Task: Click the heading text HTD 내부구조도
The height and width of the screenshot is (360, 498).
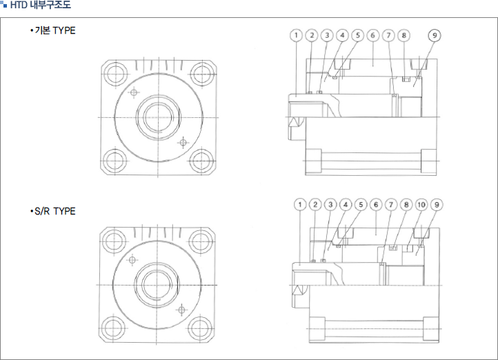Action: click(x=41, y=5)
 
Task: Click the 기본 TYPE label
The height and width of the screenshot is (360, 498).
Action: click(x=55, y=30)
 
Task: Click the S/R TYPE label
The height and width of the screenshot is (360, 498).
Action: click(x=55, y=211)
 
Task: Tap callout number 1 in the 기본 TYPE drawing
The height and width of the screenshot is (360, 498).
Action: click(x=297, y=35)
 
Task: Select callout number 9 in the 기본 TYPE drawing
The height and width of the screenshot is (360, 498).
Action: click(x=435, y=35)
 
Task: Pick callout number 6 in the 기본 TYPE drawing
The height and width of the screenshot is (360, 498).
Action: click(x=373, y=35)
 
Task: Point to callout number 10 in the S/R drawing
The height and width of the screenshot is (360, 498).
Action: click(x=421, y=204)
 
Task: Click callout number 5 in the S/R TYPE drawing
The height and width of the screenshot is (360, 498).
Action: click(x=361, y=204)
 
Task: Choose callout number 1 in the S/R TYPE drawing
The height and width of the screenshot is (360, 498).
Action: click(x=300, y=204)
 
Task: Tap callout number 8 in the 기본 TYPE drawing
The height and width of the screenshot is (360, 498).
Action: click(x=404, y=35)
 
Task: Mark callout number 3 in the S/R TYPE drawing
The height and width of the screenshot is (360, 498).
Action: click(x=330, y=204)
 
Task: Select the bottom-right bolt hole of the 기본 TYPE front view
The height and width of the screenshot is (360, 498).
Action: click(x=201, y=160)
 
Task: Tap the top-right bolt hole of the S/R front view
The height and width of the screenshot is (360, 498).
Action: click(x=200, y=241)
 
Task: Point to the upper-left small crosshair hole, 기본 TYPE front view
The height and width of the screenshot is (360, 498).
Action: click(x=134, y=92)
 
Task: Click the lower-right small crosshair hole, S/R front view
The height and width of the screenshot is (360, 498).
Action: click(x=181, y=310)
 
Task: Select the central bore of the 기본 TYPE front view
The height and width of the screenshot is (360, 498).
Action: click(x=159, y=117)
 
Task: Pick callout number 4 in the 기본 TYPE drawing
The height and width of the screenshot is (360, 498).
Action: click(x=342, y=35)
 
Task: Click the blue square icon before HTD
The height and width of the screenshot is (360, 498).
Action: click(x=4, y=5)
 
